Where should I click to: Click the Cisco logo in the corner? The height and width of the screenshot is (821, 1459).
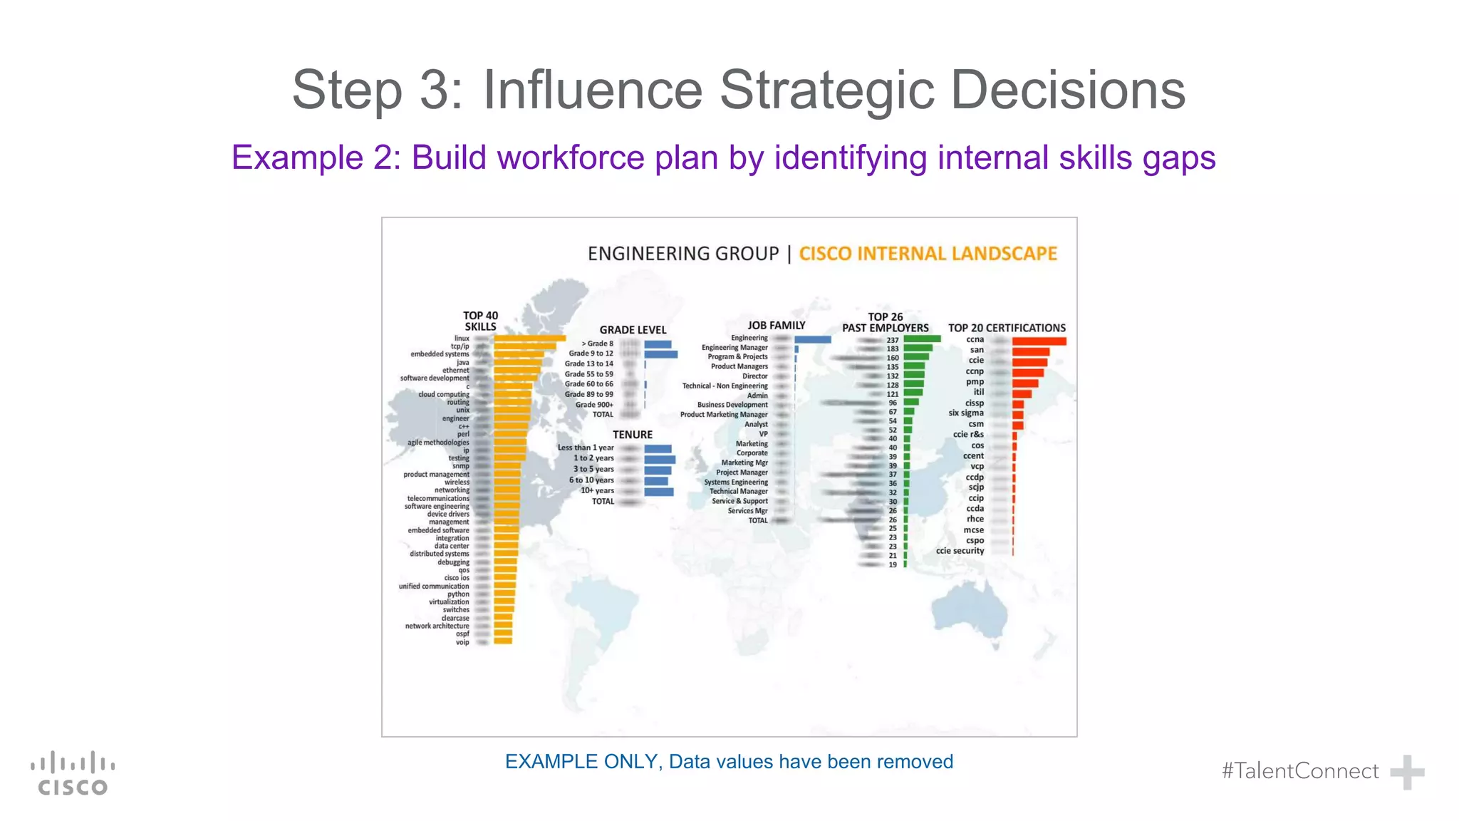(x=73, y=773)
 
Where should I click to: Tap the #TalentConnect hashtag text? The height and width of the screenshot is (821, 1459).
(x=1300, y=771)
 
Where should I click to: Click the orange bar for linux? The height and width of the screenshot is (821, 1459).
(x=529, y=339)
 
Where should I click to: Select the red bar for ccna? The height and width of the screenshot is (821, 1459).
(x=1039, y=341)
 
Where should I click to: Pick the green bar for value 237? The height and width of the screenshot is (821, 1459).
(x=922, y=339)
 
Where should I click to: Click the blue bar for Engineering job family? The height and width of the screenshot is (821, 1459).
(x=813, y=339)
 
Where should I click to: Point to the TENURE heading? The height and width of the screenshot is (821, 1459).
(x=633, y=435)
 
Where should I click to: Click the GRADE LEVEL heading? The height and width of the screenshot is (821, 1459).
(x=633, y=330)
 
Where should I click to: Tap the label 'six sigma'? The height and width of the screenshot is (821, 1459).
(x=966, y=413)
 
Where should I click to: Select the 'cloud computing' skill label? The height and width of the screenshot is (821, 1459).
(x=444, y=394)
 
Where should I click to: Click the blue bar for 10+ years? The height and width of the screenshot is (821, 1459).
(x=659, y=491)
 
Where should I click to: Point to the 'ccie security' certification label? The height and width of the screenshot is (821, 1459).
(x=960, y=551)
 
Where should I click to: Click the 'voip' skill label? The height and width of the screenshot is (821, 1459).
(x=462, y=642)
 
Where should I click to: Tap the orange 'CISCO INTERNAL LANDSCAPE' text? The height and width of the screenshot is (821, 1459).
(x=928, y=254)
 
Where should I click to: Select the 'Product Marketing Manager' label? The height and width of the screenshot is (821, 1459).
(x=724, y=415)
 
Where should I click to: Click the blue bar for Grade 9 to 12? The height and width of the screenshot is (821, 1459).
(x=660, y=353)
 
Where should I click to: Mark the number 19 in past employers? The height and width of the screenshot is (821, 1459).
(x=893, y=564)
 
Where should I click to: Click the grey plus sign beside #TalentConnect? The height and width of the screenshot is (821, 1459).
(x=1407, y=772)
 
